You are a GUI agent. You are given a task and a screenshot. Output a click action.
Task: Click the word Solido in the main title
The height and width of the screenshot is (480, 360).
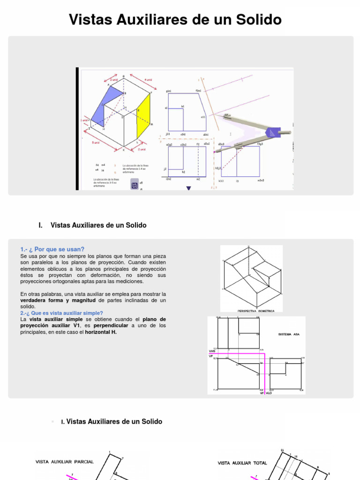[x=257, y=20]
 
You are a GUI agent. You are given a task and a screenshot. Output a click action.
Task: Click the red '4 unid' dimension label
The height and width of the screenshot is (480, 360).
[x=148, y=80]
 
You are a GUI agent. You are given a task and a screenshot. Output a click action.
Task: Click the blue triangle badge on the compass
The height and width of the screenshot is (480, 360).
[x=271, y=133]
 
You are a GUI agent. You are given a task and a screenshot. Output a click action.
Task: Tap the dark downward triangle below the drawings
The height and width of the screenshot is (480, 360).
[x=189, y=188]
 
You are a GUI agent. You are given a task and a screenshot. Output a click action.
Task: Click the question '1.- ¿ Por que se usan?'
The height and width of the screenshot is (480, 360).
[x=52, y=249]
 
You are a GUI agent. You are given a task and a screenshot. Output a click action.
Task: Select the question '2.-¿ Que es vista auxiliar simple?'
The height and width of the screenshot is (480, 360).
[x=61, y=313]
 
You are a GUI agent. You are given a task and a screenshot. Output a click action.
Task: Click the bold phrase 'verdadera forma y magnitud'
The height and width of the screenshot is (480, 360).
[x=58, y=300]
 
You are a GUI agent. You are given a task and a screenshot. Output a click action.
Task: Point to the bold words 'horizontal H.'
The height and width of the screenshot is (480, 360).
[x=101, y=332]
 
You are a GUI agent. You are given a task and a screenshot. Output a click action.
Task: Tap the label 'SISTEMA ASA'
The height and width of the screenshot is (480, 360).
[x=289, y=334]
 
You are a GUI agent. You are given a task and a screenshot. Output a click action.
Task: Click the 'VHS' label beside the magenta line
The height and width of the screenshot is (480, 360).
[x=211, y=351]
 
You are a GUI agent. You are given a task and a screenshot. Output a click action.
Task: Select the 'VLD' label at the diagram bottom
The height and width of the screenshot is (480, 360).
[x=269, y=393]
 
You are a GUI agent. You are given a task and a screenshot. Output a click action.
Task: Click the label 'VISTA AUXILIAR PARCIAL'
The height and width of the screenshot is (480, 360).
[x=65, y=461]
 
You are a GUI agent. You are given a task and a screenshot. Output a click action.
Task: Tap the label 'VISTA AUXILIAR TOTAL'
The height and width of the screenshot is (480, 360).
[x=242, y=463]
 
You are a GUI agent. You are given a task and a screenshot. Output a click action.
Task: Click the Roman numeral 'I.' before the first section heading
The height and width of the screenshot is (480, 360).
[x=41, y=225]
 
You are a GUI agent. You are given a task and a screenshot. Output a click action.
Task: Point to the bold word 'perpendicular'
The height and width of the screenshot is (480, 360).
[x=112, y=325]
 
